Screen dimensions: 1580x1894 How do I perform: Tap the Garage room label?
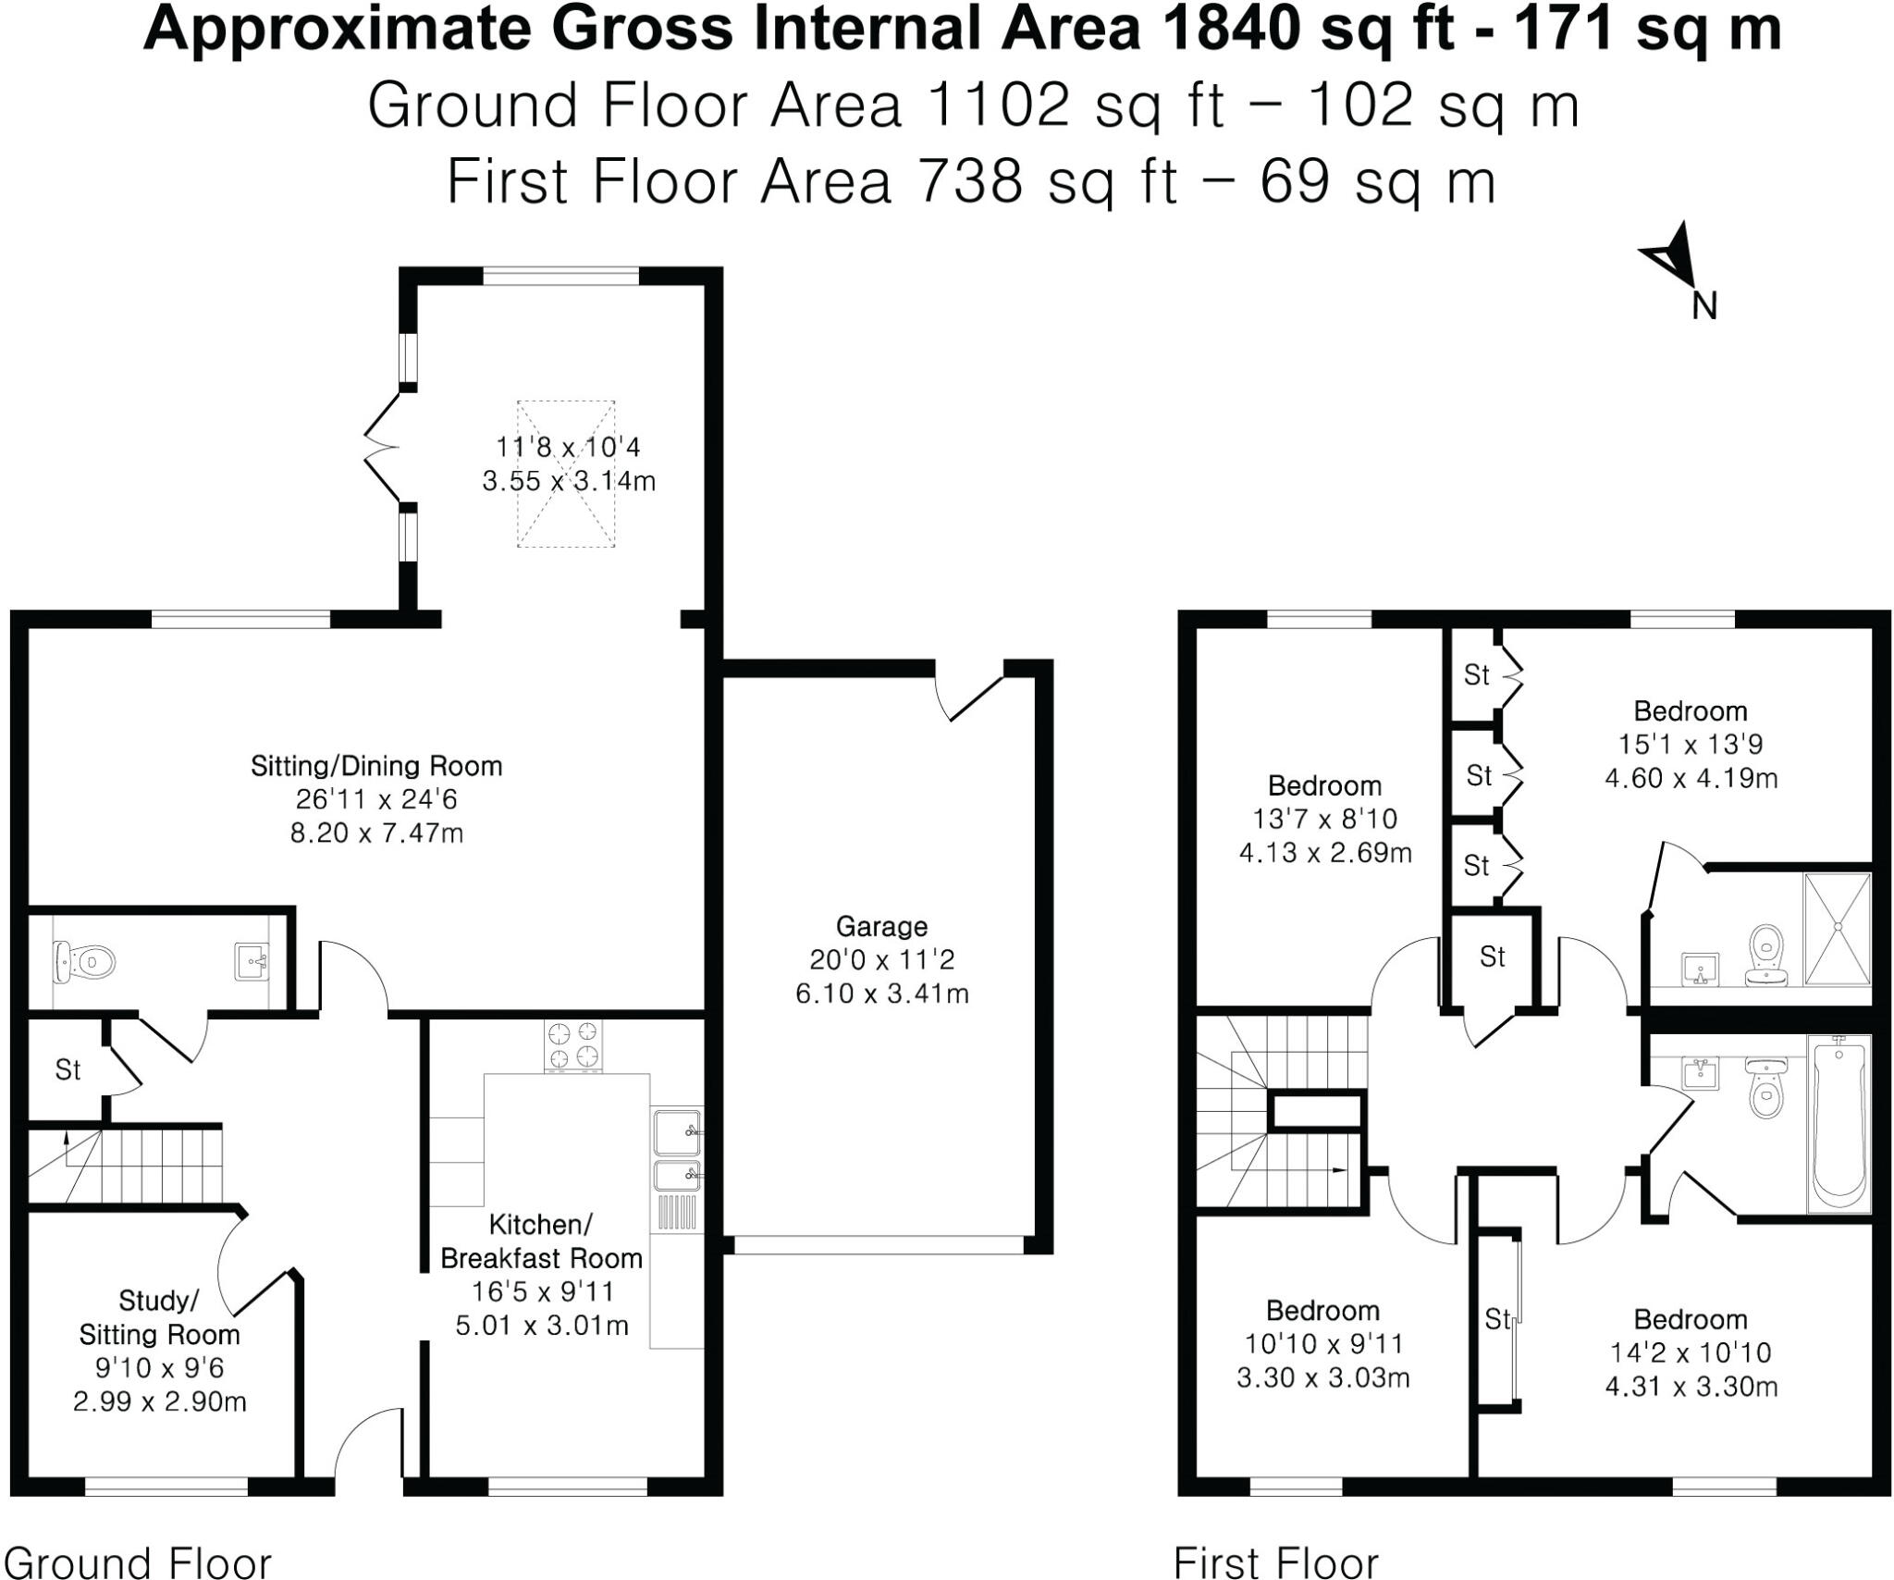point(881,926)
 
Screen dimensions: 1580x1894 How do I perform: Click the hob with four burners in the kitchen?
point(573,1046)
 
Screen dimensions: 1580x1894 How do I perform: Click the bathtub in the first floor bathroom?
point(1839,1123)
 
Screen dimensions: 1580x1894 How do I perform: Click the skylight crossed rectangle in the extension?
point(566,474)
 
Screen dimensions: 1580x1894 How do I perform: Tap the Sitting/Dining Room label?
point(376,766)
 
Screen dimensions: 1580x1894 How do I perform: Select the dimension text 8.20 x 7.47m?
point(376,833)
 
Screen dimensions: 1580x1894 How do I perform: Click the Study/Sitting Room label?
point(159,1317)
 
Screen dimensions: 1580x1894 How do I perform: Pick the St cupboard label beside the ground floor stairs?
point(68,1069)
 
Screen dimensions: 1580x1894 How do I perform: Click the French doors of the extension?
point(382,449)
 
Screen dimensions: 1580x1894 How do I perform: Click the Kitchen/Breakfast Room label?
point(541,1241)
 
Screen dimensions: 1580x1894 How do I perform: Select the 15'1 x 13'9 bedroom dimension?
point(1690,745)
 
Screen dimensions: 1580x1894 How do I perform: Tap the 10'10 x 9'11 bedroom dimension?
point(1322,1344)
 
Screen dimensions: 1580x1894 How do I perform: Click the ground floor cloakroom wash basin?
point(251,962)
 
